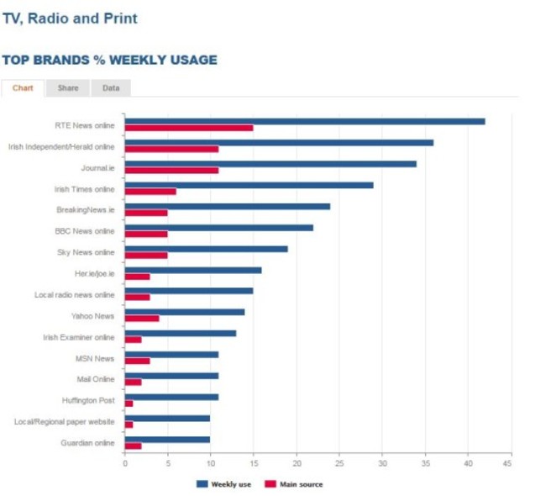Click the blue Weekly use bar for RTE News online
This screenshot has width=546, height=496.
tap(304, 121)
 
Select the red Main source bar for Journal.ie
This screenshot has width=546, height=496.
tap(171, 170)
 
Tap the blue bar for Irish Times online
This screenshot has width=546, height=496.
tap(249, 185)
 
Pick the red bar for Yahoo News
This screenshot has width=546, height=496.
tap(141, 318)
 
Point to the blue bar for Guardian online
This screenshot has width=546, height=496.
tap(167, 439)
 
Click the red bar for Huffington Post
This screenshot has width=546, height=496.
tap(129, 404)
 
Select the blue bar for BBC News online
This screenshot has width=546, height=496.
tap(218, 227)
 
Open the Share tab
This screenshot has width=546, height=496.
tap(68, 88)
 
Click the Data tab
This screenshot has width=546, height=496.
tap(111, 88)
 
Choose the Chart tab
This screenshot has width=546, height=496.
tap(23, 88)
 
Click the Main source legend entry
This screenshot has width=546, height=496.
tap(294, 484)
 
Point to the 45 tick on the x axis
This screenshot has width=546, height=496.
tap(507, 463)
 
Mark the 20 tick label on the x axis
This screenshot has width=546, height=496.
tap(297, 463)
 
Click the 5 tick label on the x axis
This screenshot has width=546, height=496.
tap(167, 463)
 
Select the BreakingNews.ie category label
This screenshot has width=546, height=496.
tap(85, 209)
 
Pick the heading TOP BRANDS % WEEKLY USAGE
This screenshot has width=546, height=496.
tap(109, 61)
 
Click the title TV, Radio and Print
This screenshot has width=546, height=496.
tap(70, 18)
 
